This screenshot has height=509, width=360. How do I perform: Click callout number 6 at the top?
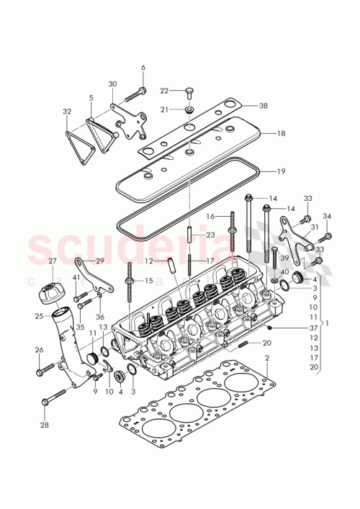(143, 68)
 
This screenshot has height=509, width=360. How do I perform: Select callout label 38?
(264, 105)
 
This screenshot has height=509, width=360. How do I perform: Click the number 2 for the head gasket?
(266, 358)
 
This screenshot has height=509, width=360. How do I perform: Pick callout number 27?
(52, 261)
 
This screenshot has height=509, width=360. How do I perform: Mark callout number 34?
(327, 216)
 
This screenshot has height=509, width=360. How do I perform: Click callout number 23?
(211, 235)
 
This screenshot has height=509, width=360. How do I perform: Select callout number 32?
(67, 112)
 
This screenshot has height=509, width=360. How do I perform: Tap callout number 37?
(312, 328)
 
